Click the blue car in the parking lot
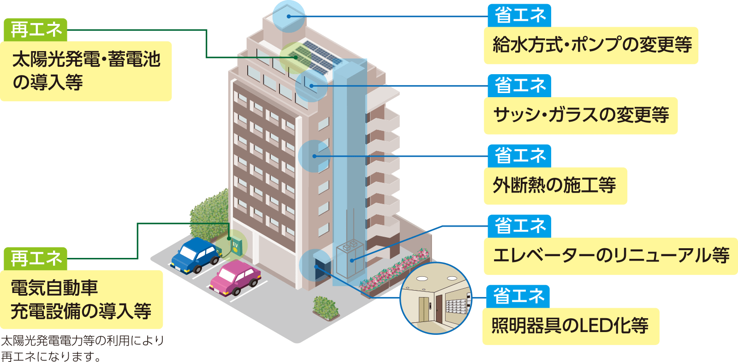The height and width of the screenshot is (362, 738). pos(196,256)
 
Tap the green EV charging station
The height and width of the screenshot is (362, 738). pos(236,247)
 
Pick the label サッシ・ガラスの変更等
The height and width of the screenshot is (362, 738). pos(580,115)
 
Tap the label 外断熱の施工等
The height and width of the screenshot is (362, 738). pos(555,186)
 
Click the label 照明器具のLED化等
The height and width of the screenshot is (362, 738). pos(570,326)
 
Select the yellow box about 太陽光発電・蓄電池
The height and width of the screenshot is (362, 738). pos(86,71)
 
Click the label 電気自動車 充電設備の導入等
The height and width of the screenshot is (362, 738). pos(81,299)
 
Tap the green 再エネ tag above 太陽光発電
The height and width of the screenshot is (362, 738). pos(36,30)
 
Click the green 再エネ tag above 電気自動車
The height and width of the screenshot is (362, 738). pos(36,259)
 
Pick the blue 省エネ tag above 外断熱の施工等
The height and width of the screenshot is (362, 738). pos(519,156)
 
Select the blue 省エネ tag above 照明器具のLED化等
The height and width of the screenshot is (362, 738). pos(518,296)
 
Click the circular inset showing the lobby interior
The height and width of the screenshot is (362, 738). pos(435,298)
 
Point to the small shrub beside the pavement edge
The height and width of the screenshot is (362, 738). pos(326,307)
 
